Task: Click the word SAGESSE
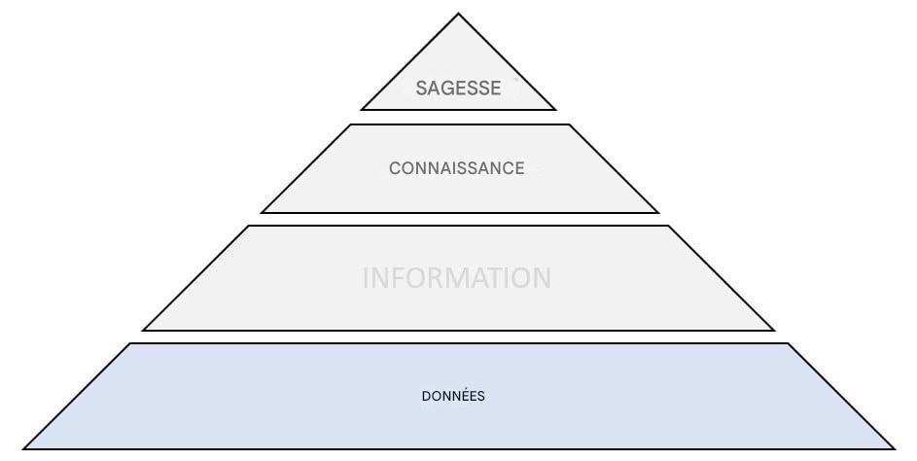point(458,89)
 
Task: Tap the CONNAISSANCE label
point(456,168)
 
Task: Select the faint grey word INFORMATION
point(456,278)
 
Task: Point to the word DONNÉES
point(453,397)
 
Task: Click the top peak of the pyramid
point(458,14)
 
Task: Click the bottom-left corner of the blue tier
point(24,448)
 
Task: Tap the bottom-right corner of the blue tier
point(894,448)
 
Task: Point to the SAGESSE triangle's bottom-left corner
point(362,110)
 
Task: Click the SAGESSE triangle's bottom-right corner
point(555,110)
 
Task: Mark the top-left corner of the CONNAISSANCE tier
point(349,124)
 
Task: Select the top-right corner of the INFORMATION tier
point(669,227)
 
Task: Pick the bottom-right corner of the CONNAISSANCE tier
point(658,212)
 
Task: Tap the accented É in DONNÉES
point(465,397)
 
